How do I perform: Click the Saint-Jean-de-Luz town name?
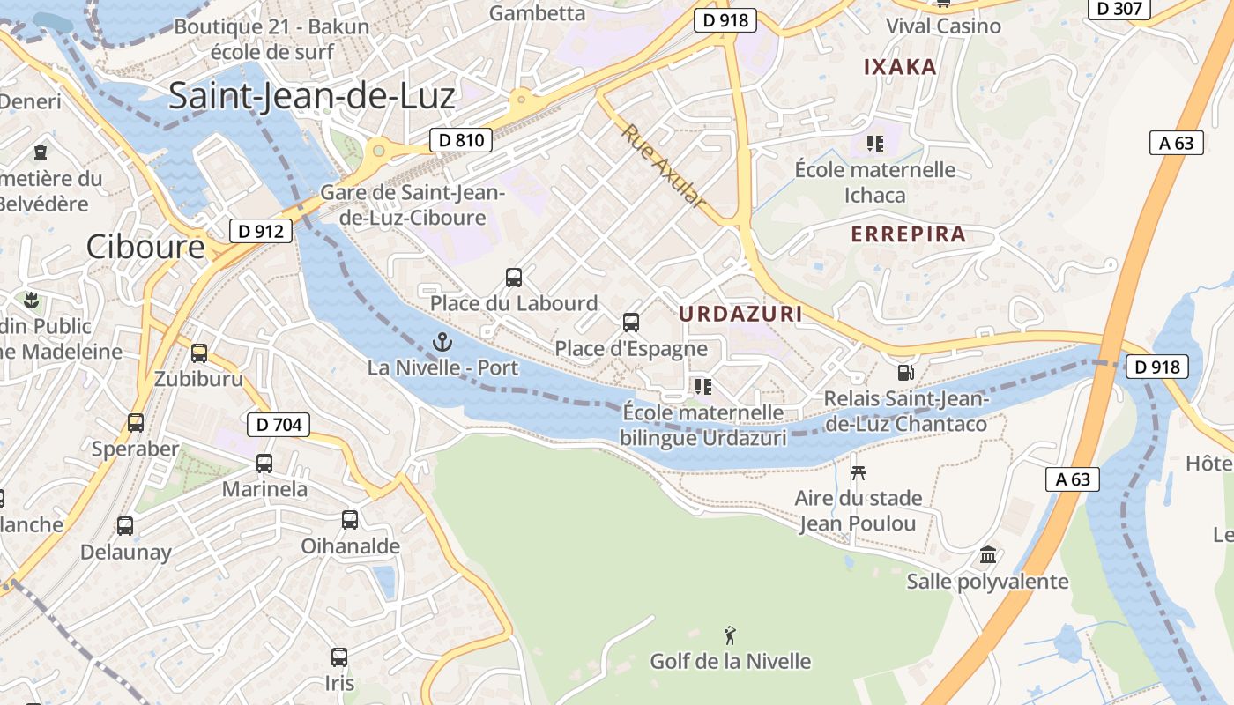(311, 95)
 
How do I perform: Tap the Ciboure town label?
(145, 247)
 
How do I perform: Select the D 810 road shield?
(461, 139)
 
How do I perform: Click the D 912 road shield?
(261, 231)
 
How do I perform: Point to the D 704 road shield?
(279, 425)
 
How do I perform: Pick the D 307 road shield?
(1120, 9)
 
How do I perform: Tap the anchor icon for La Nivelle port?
(442, 340)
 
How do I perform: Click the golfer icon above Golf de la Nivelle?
(730, 634)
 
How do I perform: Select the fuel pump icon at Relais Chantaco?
(905, 372)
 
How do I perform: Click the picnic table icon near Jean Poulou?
(858, 472)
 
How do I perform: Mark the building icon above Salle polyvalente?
(988, 555)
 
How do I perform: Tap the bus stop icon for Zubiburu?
(199, 353)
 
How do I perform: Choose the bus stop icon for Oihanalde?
(350, 520)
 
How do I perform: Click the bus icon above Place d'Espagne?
(631, 323)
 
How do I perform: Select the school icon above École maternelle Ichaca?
(874, 143)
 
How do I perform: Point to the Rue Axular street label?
(664, 167)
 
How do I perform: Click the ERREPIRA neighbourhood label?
(908, 234)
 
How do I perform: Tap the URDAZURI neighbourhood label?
(740, 314)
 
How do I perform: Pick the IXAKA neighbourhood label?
(899, 67)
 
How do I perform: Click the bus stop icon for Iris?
(339, 657)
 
